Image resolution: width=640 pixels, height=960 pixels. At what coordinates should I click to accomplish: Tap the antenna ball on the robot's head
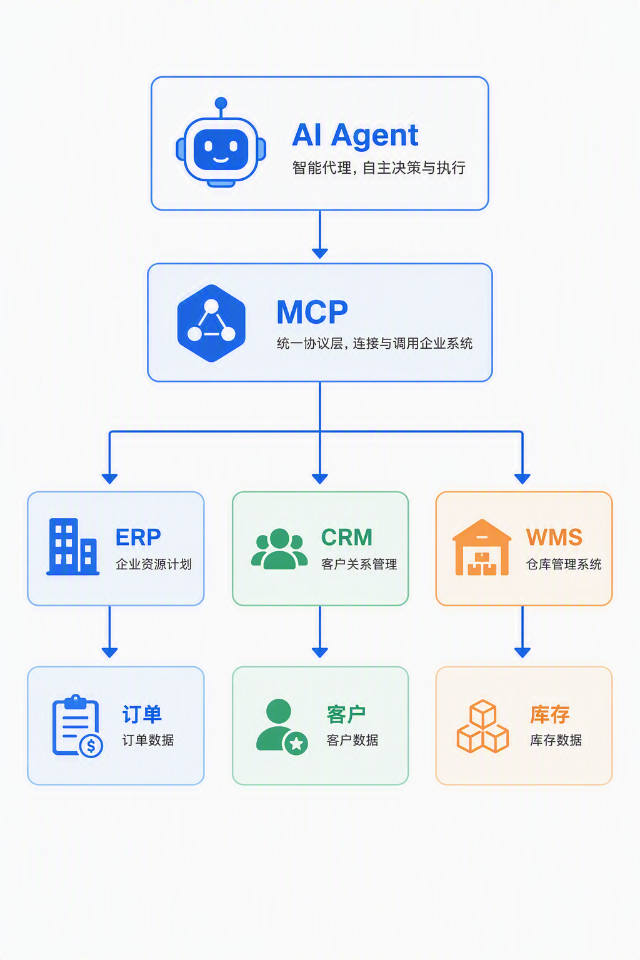221,103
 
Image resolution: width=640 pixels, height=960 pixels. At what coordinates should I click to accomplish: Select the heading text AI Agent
355,136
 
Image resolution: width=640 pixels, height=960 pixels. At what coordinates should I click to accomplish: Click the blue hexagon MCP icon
211,323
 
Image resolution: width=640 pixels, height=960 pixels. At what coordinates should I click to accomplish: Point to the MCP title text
312,312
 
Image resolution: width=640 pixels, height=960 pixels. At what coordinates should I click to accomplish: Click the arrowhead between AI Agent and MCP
320,253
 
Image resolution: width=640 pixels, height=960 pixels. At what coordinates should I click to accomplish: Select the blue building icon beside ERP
73,546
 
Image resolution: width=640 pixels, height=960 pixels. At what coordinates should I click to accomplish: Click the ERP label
138,537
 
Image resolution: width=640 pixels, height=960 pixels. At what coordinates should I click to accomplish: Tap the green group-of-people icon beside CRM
279,549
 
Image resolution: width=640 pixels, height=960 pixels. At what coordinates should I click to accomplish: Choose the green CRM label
346,537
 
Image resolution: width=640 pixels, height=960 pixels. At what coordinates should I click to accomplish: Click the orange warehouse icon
482,547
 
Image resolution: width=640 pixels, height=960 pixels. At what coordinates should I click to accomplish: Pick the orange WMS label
554,537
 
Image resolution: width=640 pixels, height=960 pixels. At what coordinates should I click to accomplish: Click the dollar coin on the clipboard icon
91,746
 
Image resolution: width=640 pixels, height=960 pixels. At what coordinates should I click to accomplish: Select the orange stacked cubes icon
482,726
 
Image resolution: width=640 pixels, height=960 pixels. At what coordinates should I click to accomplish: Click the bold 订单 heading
142,714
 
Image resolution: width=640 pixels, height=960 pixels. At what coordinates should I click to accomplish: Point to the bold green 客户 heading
346,714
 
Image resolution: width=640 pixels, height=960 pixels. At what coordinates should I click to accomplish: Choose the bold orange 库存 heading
549,714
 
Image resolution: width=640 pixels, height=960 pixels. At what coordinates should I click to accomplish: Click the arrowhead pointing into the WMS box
522,479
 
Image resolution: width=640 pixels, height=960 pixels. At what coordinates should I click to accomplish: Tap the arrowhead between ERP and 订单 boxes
110,652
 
